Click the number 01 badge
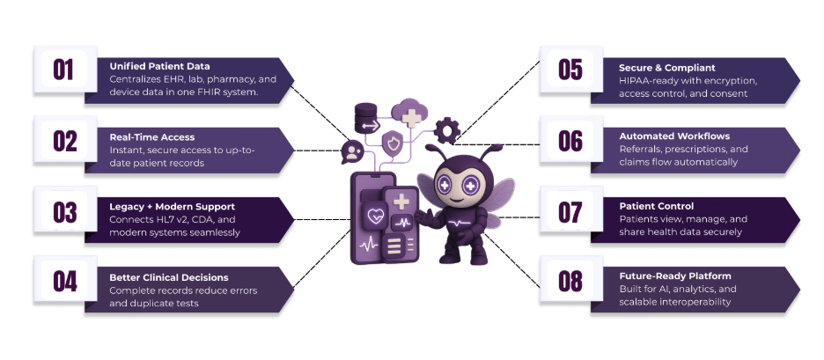pyautogui.click(x=63, y=70)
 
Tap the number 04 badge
pyautogui.click(x=63, y=281)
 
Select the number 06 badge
pyautogui.click(x=570, y=140)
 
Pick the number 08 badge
pyautogui.click(x=570, y=281)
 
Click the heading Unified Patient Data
pyautogui.click(x=159, y=66)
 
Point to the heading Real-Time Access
pyautogui.click(x=152, y=137)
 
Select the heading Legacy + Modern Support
pyautogui.click(x=173, y=207)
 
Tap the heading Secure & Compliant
pyautogui.click(x=666, y=67)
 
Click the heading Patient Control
pyautogui.click(x=657, y=207)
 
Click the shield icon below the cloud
pyautogui.click(x=395, y=143)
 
